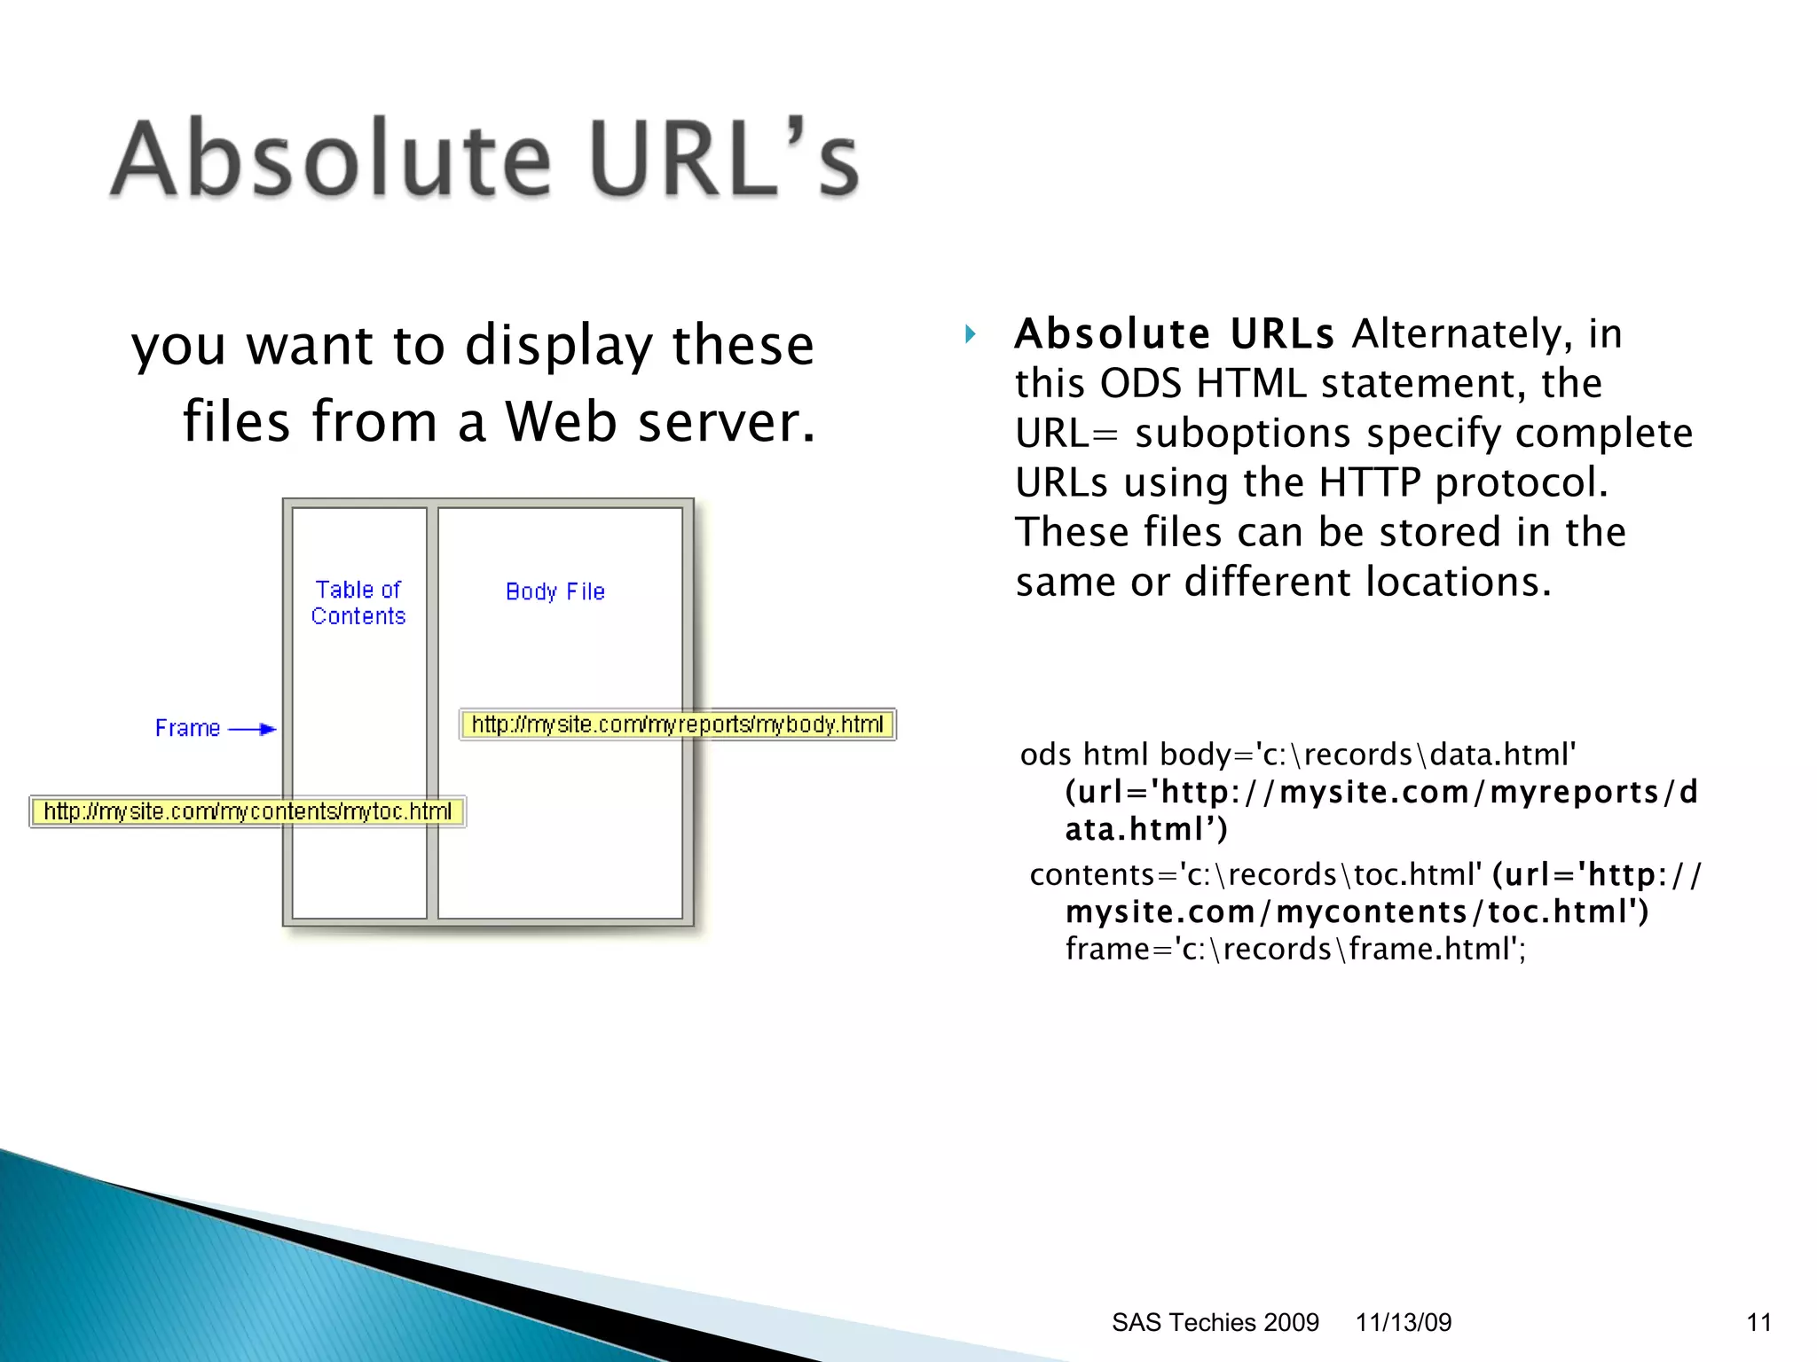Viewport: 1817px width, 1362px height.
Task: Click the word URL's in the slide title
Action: pos(723,160)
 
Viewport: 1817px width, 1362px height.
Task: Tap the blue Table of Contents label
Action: pos(358,603)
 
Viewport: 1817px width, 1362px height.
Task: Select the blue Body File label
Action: pos(555,591)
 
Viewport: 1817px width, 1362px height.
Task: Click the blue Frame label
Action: pos(187,728)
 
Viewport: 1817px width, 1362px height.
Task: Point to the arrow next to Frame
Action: pos(254,729)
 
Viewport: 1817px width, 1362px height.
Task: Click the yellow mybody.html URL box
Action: pos(678,724)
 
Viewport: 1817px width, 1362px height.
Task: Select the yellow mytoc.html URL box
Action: pos(248,811)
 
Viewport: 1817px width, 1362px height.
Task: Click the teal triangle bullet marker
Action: pos(971,334)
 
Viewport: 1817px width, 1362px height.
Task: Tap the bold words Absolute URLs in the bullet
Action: pos(1174,334)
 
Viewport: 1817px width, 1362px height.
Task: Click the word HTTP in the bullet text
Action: pos(1370,483)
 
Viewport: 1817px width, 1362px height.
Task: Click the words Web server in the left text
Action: pos(659,421)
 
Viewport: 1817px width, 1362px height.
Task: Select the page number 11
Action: pos(1758,1322)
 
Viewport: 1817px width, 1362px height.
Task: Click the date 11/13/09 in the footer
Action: pos(1403,1322)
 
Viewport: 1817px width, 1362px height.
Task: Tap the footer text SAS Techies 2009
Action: pos(1215,1322)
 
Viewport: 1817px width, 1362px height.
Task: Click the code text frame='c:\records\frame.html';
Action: pos(1295,949)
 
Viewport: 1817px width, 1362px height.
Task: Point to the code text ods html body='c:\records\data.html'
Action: pos(1297,755)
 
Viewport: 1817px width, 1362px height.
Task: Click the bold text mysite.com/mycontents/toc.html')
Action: pos(1357,912)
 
